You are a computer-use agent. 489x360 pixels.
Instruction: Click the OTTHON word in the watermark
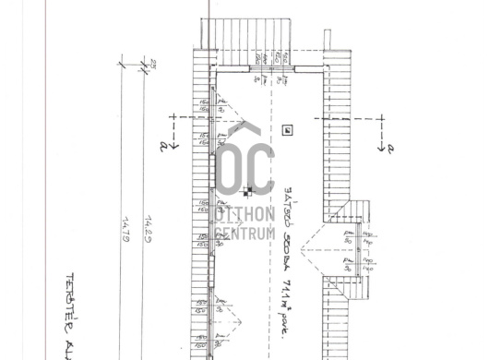coord(244,214)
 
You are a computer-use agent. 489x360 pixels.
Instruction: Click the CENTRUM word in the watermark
coord(244,234)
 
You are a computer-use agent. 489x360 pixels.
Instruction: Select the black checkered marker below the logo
coord(247,193)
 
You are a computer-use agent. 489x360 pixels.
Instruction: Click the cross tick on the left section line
coord(173,118)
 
